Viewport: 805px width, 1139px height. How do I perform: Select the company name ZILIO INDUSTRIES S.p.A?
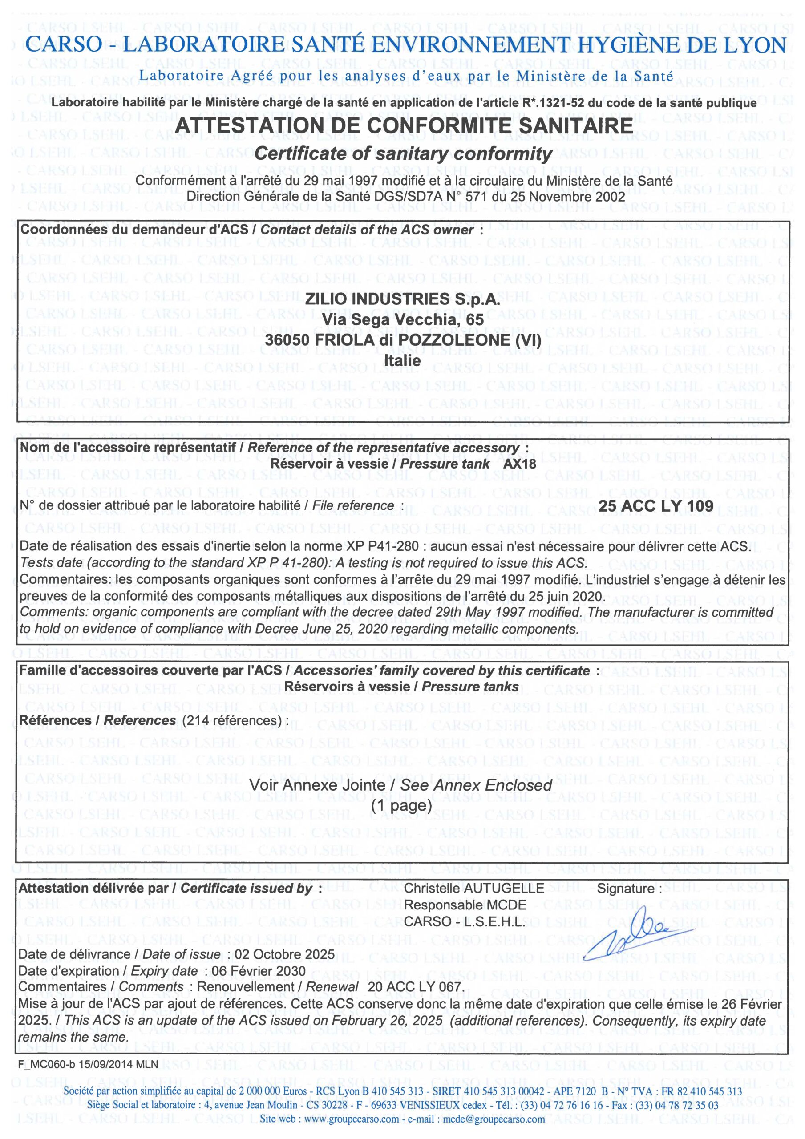[x=402, y=299]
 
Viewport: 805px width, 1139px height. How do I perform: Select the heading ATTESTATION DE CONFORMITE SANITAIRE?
[x=404, y=125]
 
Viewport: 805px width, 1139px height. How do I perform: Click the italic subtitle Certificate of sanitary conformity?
[x=403, y=154]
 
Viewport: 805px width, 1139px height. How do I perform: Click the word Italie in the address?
[x=402, y=361]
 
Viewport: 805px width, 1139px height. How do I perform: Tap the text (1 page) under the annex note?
[x=401, y=805]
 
